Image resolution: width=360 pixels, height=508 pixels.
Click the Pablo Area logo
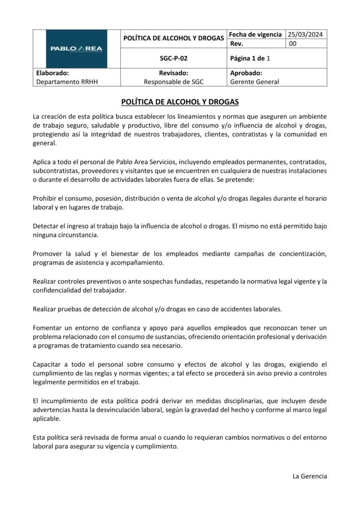(x=76, y=48)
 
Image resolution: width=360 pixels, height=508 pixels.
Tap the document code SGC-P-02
(x=173, y=58)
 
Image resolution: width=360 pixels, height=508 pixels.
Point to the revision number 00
(x=292, y=44)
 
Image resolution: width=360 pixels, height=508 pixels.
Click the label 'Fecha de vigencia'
(x=255, y=34)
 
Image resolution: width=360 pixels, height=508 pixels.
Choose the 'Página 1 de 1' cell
(x=250, y=58)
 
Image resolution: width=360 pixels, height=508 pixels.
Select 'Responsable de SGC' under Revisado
(x=173, y=82)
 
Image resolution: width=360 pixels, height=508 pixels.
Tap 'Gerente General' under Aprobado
(x=255, y=82)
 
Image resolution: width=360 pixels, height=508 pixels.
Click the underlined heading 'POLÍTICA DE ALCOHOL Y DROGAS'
(x=180, y=102)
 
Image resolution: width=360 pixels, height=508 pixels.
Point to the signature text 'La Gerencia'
(x=310, y=476)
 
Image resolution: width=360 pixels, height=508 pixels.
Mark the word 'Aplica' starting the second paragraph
(x=42, y=162)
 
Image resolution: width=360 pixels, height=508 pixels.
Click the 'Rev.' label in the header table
(x=237, y=44)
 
